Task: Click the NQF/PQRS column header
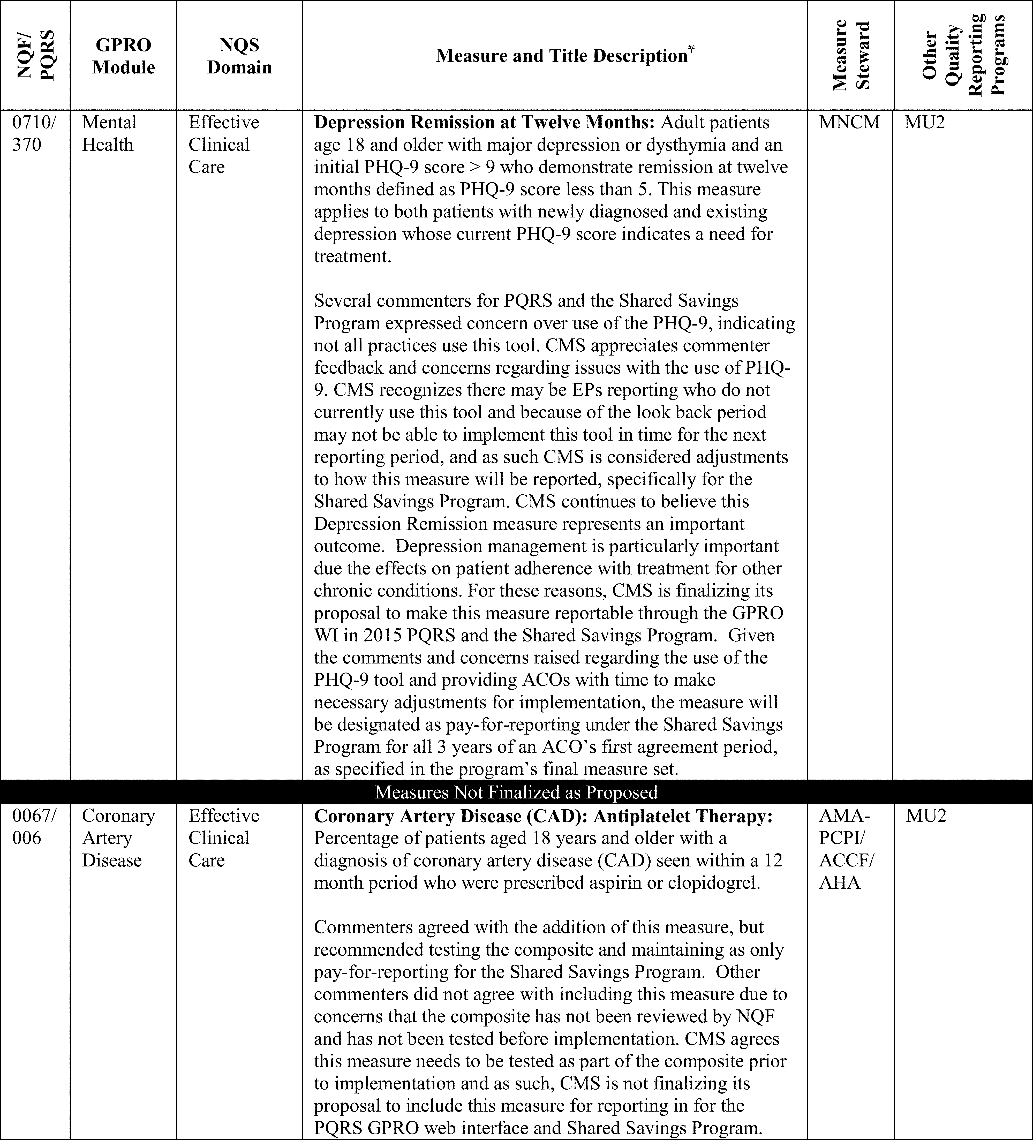[35, 55]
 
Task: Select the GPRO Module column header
[123, 56]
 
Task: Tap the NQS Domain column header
[239, 56]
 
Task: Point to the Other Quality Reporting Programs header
[963, 55]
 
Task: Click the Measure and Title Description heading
[561, 56]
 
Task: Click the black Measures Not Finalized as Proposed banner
[516, 792]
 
